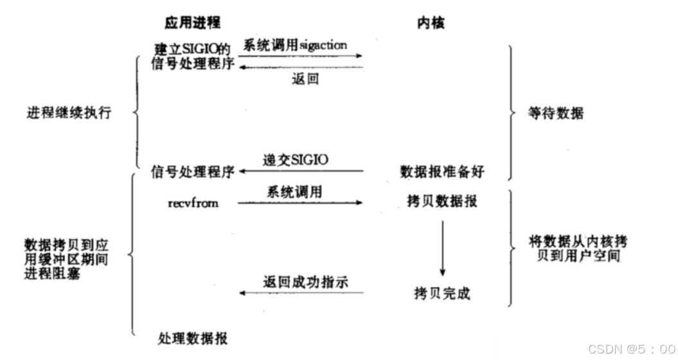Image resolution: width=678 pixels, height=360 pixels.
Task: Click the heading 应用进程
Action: pyautogui.click(x=192, y=23)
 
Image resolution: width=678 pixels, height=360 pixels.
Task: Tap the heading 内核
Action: pyautogui.click(x=431, y=23)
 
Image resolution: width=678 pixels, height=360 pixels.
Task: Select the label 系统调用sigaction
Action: pyautogui.click(x=295, y=46)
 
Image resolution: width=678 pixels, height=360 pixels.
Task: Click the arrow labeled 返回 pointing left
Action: pyautogui.click(x=300, y=67)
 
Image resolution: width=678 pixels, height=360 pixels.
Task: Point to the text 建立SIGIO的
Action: pyautogui.click(x=192, y=50)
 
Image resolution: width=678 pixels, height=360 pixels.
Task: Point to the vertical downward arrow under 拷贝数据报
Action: pyautogui.click(x=442, y=247)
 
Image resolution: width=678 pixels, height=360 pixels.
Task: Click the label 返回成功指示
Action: pyautogui.click(x=305, y=282)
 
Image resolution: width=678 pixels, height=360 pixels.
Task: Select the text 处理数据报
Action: pyautogui.click(x=193, y=338)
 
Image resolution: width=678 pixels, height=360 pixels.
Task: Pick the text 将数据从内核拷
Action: pyautogui.click(x=578, y=242)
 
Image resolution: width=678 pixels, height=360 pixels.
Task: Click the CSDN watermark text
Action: pyautogui.click(x=620, y=348)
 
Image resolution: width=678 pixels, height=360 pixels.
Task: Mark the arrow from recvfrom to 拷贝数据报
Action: pyautogui.click(x=300, y=203)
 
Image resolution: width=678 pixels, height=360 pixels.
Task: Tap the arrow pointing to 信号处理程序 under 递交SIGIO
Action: pyautogui.click(x=300, y=172)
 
